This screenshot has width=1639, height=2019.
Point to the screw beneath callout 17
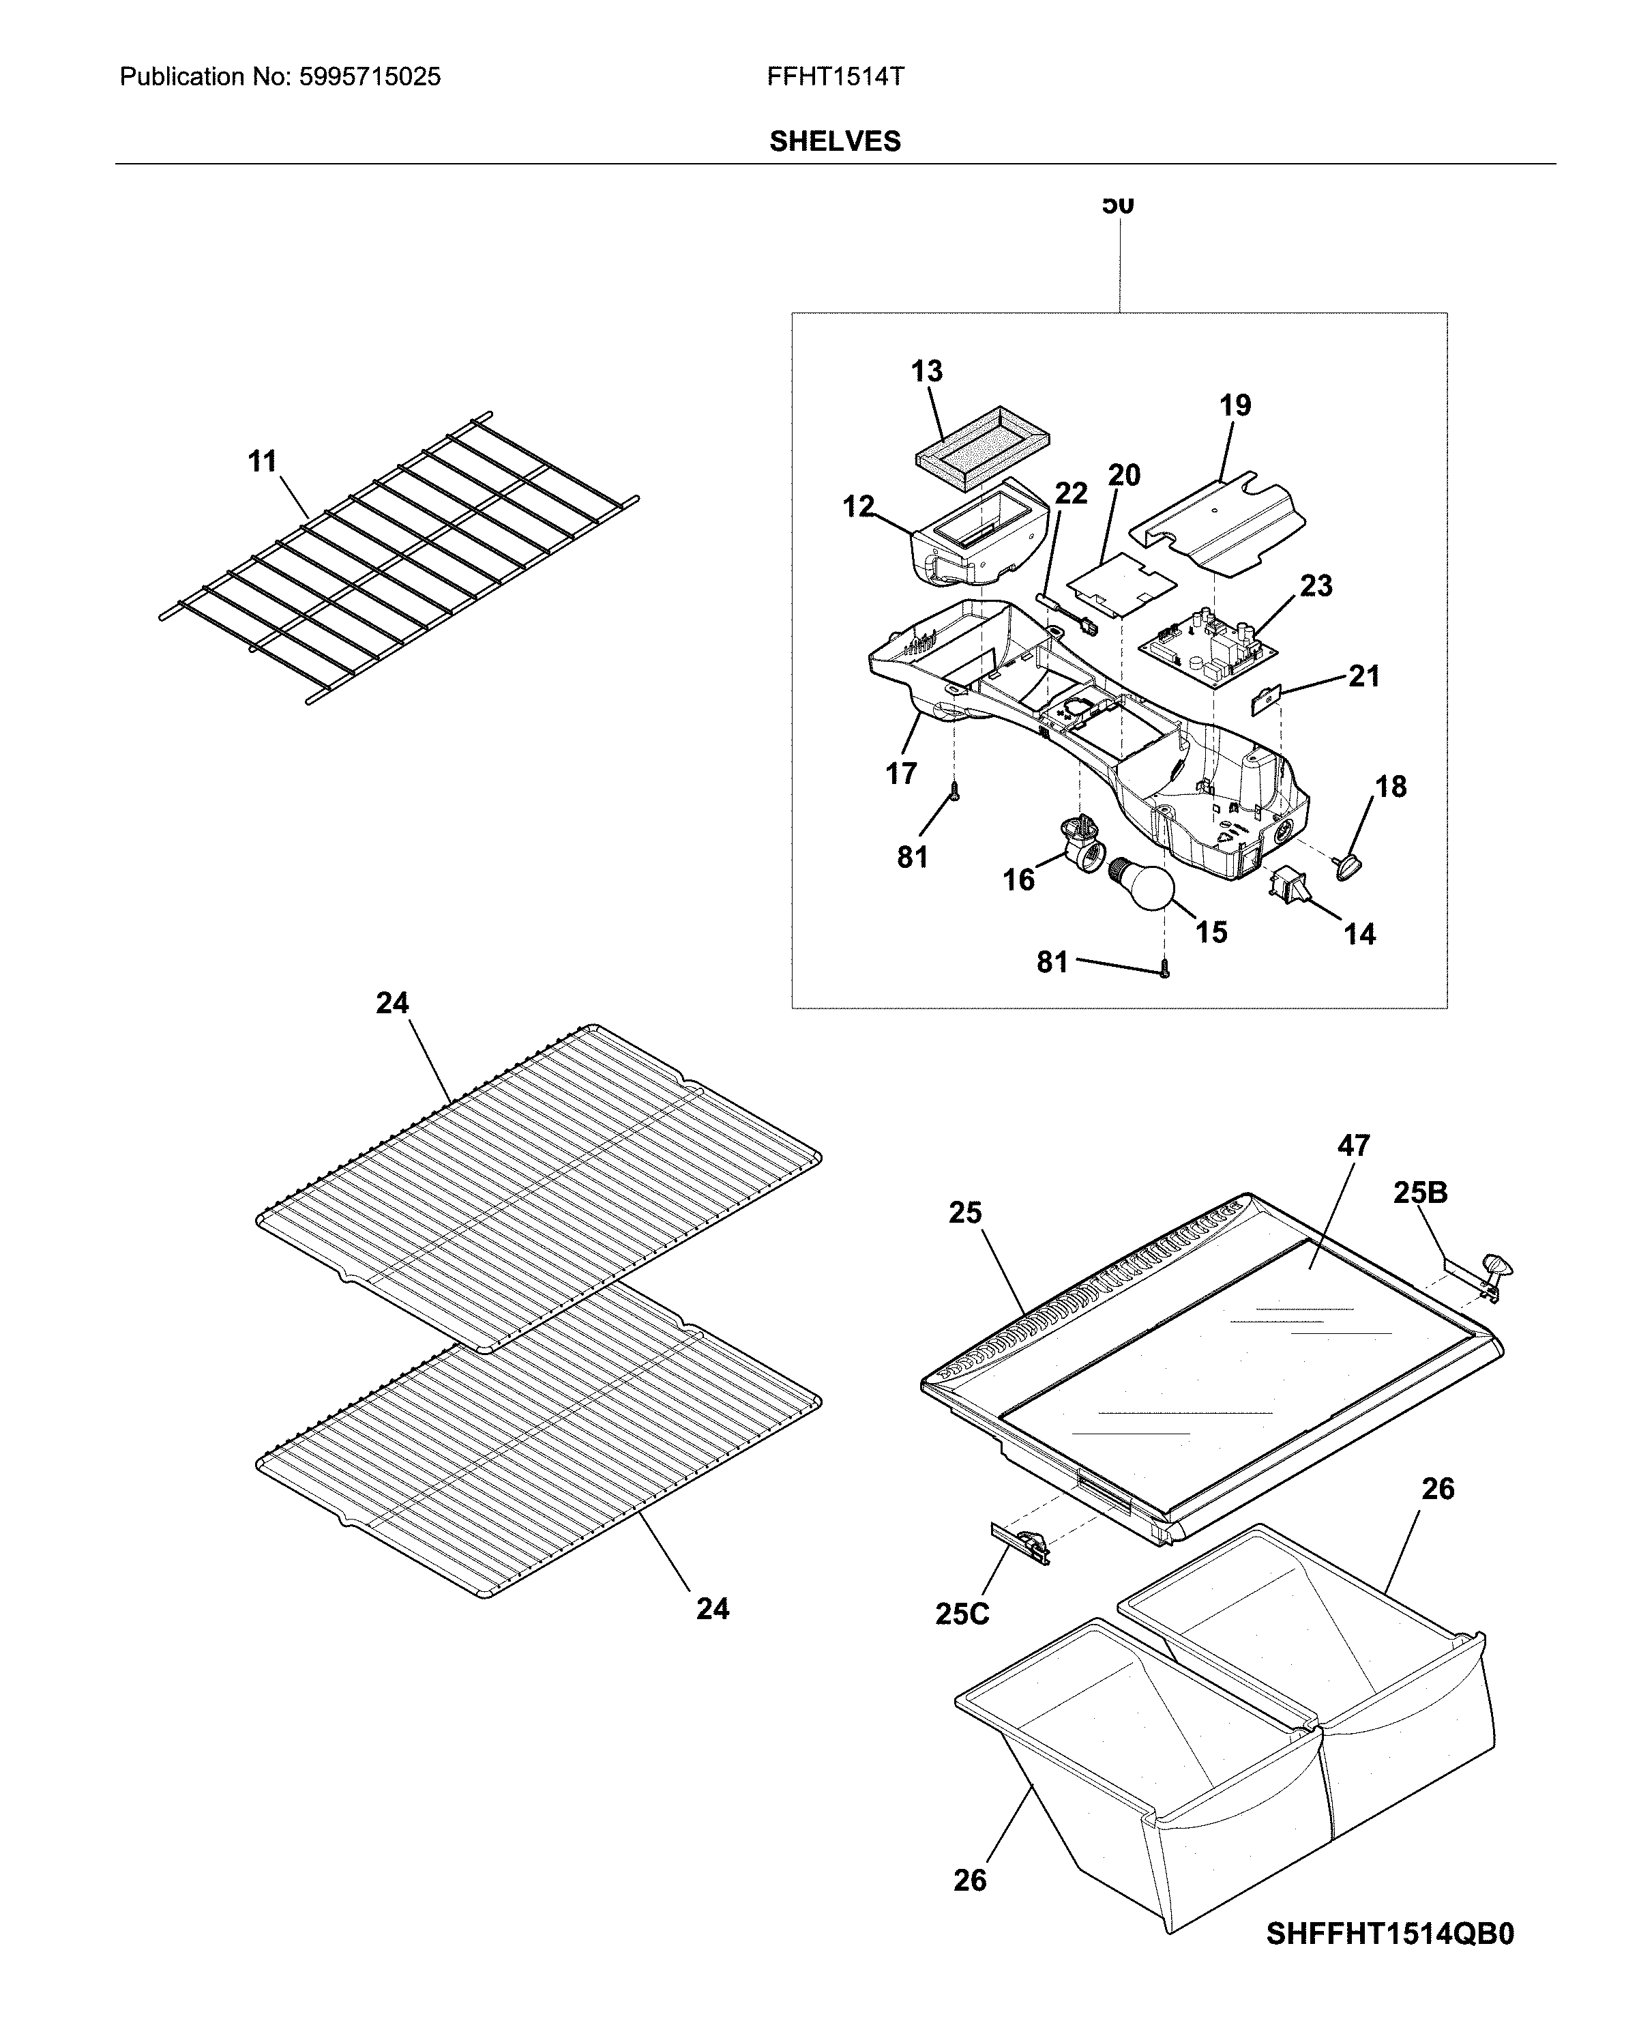tap(954, 792)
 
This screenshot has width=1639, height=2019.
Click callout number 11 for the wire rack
tap(263, 462)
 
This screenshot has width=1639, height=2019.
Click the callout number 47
tap(1353, 1146)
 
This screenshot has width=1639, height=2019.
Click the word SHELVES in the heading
tap(835, 142)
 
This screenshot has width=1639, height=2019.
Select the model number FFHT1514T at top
tap(836, 77)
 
